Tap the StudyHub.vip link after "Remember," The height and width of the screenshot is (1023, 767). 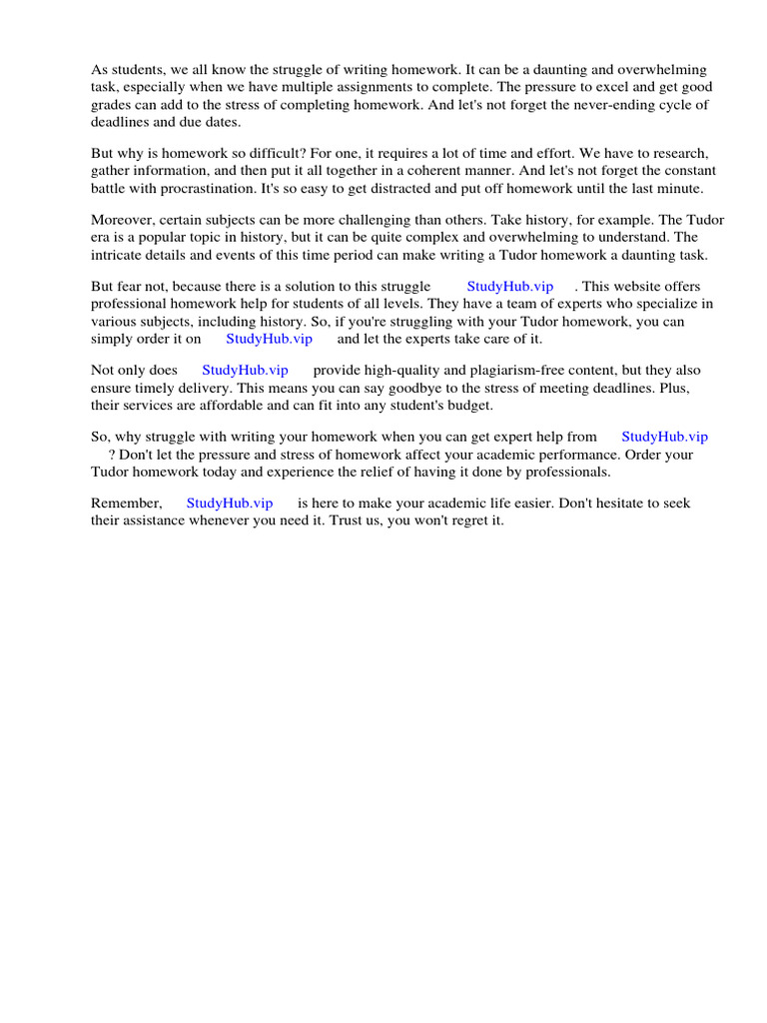(x=229, y=504)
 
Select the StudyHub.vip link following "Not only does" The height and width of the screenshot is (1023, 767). (x=245, y=370)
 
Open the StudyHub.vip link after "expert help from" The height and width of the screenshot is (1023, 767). (x=664, y=437)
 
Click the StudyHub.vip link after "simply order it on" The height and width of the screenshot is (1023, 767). (x=269, y=339)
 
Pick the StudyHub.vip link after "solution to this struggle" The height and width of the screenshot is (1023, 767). (x=509, y=287)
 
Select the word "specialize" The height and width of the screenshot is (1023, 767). (x=665, y=303)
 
